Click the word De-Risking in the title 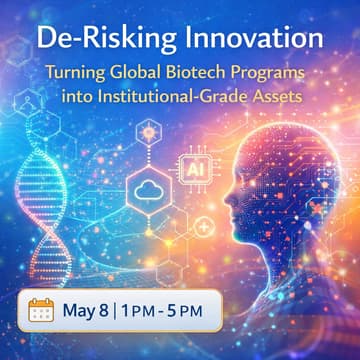[94, 41]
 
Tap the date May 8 [90, 310]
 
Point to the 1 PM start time [146, 310]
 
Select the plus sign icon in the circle [204, 229]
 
